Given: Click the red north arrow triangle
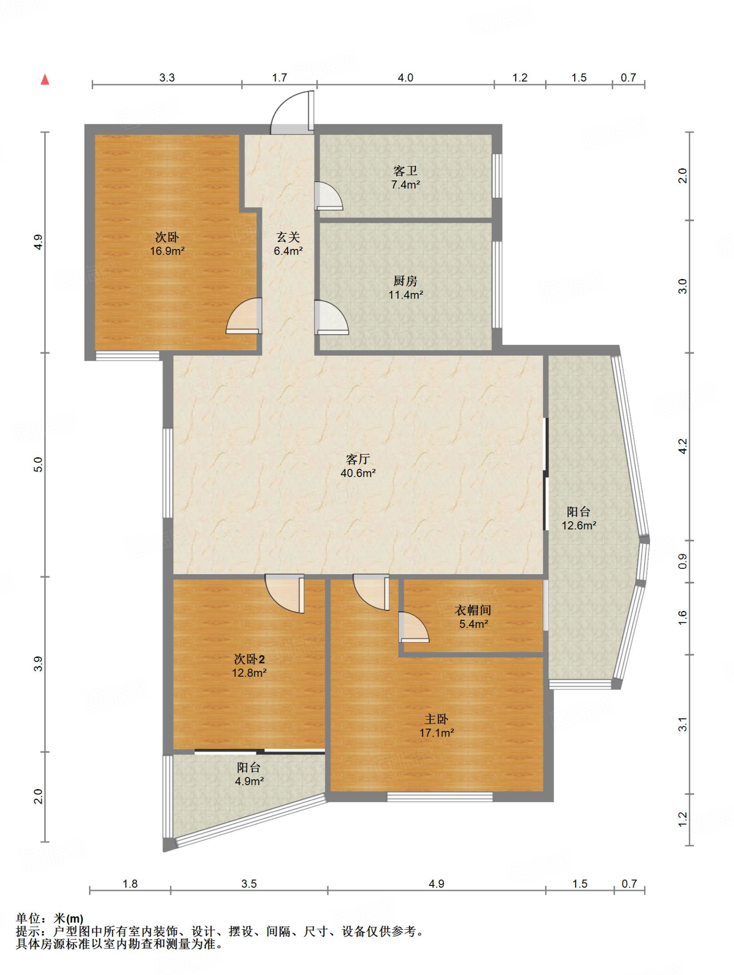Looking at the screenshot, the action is tap(45, 80).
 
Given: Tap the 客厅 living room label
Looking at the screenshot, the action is tap(358, 459).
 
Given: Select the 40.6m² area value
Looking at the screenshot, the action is tap(358, 473).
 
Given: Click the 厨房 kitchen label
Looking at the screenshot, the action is tap(405, 281).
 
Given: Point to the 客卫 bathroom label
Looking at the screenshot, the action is tap(405, 170).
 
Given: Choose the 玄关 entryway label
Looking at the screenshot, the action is tap(288, 237).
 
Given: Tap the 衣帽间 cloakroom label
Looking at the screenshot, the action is tap(473, 610).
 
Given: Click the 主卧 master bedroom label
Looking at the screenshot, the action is tap(436, 719).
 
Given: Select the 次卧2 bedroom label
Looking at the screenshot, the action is tap(249, 659).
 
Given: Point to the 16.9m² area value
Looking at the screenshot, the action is tap(167, 251).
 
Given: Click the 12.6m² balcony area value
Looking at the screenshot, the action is tap(579, 526).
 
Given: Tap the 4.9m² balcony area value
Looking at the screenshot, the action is tap(249, 781).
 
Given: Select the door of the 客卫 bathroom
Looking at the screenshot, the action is tap(329, 196).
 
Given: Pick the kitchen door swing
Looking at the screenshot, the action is tap(332, 317).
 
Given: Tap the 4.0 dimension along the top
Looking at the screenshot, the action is tap(405, 78).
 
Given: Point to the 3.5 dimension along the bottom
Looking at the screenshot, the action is tap(249, 884).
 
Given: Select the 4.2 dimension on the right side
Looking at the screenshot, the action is tap(683, 446).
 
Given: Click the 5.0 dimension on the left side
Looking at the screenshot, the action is tap(38, 464).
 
